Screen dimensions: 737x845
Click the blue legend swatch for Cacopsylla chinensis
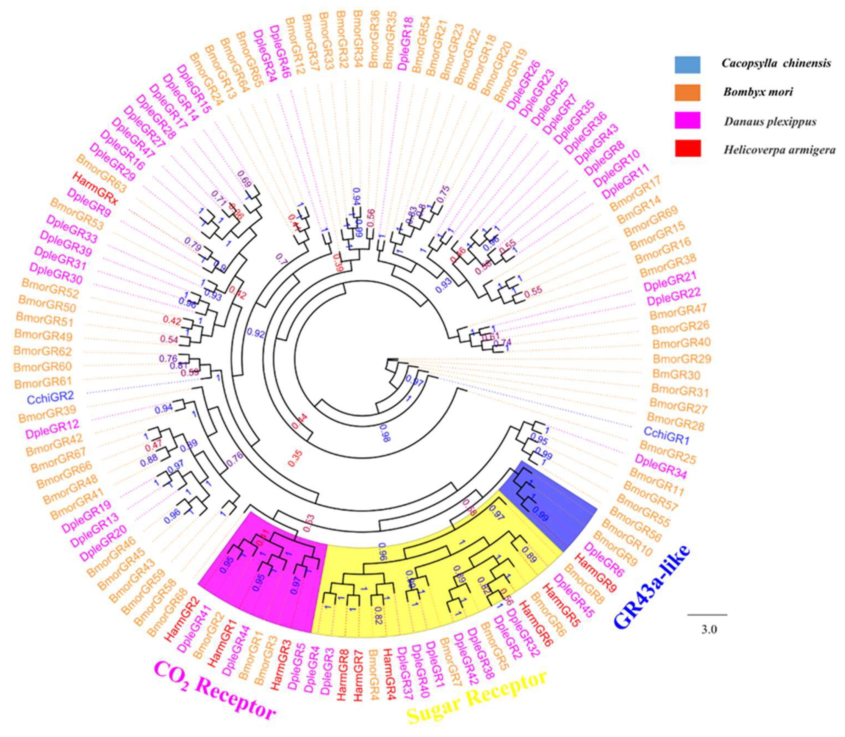[x=687, y=64]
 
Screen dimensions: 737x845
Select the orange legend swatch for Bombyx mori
[x=687, y=92]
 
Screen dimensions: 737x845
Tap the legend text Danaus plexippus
[x=770, y=122]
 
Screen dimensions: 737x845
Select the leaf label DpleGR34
[x=661, y=466]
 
